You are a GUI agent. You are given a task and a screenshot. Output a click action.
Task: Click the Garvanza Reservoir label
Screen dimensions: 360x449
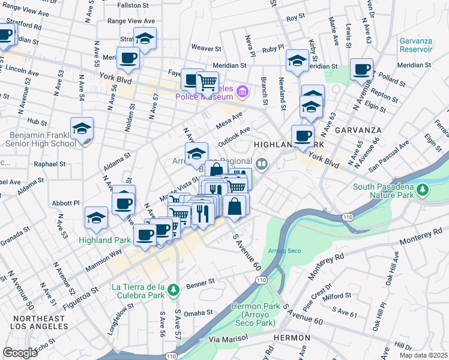(416, 44)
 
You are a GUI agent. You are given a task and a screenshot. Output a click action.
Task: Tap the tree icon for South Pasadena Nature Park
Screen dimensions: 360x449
(423, 190)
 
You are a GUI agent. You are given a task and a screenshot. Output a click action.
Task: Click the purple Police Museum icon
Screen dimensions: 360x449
(243, 92)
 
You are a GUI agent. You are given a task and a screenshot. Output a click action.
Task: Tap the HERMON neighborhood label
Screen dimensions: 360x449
(291, 338)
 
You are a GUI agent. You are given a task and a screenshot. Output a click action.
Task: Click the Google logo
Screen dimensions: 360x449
(19, 353)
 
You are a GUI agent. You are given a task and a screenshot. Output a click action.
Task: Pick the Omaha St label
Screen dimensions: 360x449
(199, 313)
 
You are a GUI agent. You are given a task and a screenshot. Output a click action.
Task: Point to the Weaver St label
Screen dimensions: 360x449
(206, 47)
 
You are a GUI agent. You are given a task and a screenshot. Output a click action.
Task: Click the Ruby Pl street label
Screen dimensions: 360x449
(273, 47)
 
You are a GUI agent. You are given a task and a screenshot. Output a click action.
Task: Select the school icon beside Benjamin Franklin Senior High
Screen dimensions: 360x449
(82, 128)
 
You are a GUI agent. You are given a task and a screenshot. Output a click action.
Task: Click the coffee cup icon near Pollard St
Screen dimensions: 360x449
(361, 70)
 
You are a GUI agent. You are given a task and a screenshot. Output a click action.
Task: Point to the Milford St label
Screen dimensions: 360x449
(337, 296)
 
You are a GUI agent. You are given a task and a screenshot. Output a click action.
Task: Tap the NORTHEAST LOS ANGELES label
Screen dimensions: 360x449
(40, 322)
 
